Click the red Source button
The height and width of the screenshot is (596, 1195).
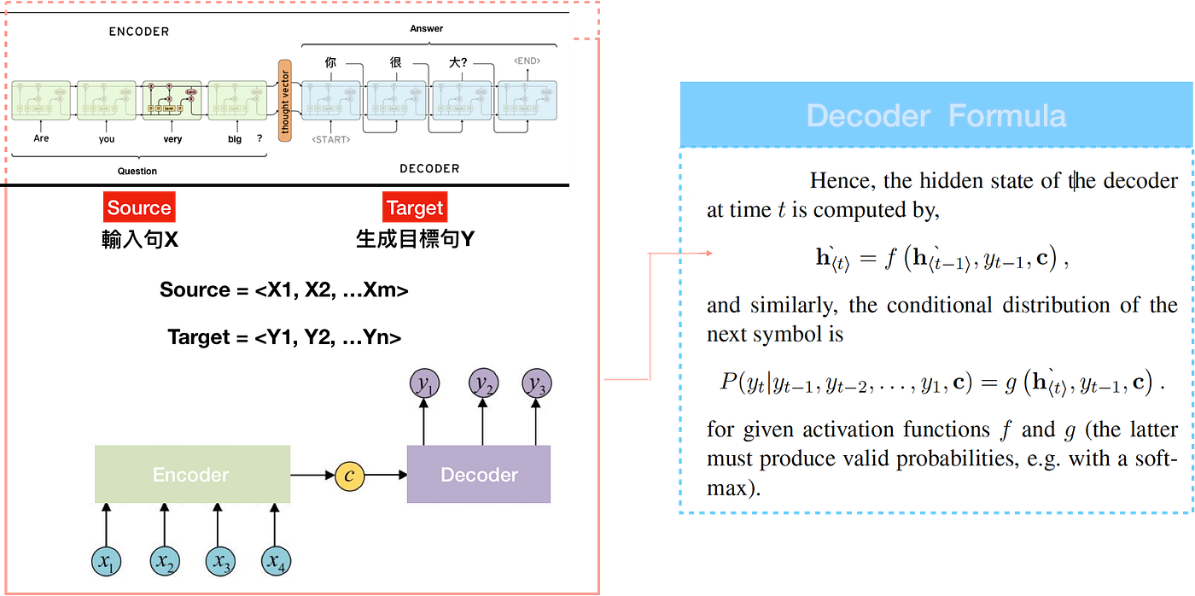point(139,208)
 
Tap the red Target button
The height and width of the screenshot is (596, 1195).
point(415,208)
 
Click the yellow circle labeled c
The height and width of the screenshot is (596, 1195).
point(349,475)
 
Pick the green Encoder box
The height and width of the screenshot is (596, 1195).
point(192,474)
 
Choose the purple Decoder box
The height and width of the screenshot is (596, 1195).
point(479,474)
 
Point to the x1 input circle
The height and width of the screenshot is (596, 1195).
point(107,562)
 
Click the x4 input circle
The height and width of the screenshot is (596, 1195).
point(275,562)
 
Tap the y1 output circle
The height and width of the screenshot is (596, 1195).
point(424,383)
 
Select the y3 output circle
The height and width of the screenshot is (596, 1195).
point(536,383)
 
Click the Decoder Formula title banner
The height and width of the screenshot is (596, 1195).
point(936,115)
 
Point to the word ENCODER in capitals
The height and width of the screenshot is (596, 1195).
point(139,32)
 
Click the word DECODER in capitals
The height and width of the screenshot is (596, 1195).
point(429,168)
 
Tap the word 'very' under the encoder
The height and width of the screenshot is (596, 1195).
point(172,139)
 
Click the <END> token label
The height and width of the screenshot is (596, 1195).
point(527,61)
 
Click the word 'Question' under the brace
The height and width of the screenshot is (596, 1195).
point(137,171)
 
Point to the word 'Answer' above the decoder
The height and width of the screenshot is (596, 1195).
point(427,29)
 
